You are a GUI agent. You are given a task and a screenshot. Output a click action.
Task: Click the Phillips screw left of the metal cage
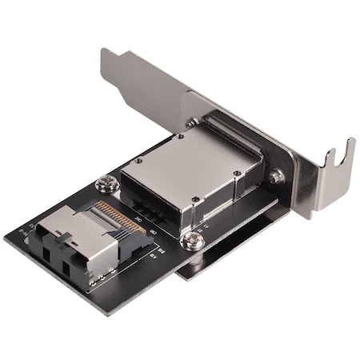point(103,185)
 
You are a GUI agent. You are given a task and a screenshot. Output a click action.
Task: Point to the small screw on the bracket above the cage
point(193,122)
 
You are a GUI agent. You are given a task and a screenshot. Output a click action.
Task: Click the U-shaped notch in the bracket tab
point(340,160)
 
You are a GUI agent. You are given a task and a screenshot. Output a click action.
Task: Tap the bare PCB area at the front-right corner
point(160,264)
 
